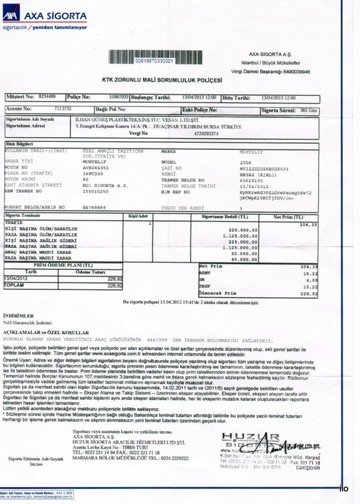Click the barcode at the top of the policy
(155, 57)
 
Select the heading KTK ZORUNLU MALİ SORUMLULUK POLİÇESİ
(162, 80)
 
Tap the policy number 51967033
(119, 97)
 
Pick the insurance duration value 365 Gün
(308, 110)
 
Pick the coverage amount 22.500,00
(245, 253)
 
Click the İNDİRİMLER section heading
(16, 316)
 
